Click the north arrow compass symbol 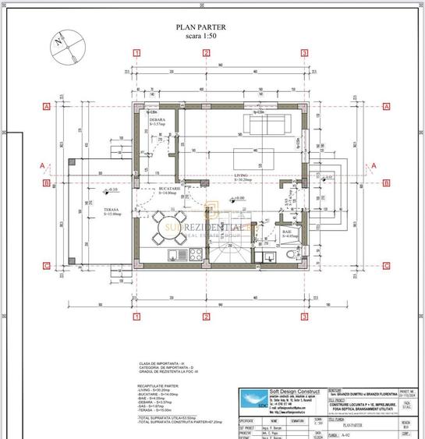click(x=66, y=47)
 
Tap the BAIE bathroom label click(x=286, y=232)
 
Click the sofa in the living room click(x=267, y=123)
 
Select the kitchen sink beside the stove click(x=177, y=253)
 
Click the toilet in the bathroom click(x=290, y=254)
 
